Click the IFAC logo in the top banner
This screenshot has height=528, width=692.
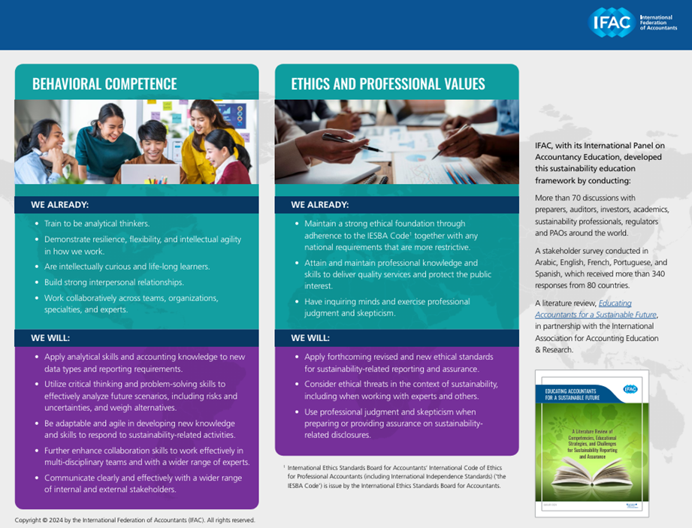click(610, 23)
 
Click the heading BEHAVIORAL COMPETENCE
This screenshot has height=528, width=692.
click(104, 84)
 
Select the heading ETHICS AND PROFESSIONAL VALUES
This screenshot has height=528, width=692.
click(388, 84)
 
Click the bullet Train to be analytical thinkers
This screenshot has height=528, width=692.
click(97, 224)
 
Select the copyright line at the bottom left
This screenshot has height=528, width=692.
click(135, 520)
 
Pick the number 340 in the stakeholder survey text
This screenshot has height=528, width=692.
click(650, 274)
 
